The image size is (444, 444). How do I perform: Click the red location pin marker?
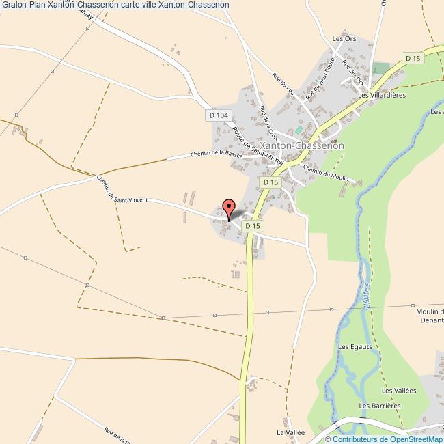point(229,207)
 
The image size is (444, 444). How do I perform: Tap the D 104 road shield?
point(218,116)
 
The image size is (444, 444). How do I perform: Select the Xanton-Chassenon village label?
point(302,146)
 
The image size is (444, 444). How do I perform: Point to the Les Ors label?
point(344,39)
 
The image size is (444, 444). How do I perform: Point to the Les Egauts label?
point(355,346)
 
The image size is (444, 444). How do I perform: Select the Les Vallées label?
point(399,391)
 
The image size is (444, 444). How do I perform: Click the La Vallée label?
point(290,432)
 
